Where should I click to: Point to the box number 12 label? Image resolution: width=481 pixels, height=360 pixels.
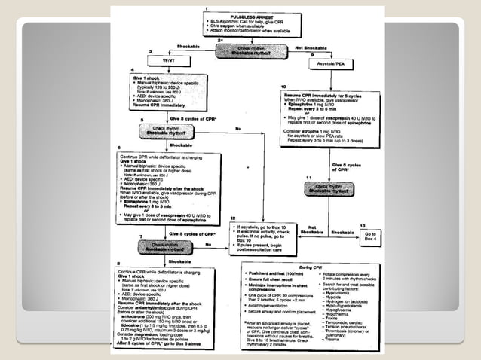click(234, 218)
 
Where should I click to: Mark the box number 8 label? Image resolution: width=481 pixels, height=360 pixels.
click(118, 263)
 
